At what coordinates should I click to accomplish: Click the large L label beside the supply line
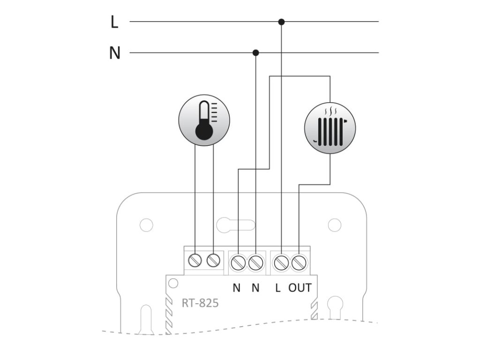point(114,22)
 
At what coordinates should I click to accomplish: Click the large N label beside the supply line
point(114,53)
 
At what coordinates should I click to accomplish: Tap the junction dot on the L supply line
point(281,22)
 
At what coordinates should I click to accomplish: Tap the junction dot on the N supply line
point(255,52)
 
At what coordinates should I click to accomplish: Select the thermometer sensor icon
point(204,119)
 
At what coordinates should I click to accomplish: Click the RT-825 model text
point(200,303)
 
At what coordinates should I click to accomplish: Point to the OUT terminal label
point(300,288)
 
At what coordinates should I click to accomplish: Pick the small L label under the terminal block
point(278,288)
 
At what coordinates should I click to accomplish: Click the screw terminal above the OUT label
point(298,262)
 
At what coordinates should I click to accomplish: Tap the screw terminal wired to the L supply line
point(281,262)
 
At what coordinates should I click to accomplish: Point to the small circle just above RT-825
point(173,283)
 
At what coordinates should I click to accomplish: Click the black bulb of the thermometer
point(204,131)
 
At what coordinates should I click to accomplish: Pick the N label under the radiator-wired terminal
point(237,288)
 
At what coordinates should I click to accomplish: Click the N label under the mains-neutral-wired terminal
point(255,288)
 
